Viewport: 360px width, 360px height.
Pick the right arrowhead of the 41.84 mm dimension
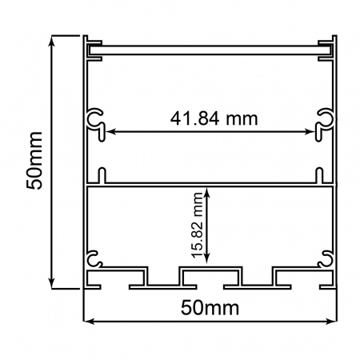[x=313, y=130]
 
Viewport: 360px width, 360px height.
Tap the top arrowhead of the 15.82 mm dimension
[x=208, y=191]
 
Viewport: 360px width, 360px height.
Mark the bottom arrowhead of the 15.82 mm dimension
[x=208, y=259]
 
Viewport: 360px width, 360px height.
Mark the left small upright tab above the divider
[x=102, y=175]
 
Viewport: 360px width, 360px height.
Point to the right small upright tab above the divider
[x=318, y=175]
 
